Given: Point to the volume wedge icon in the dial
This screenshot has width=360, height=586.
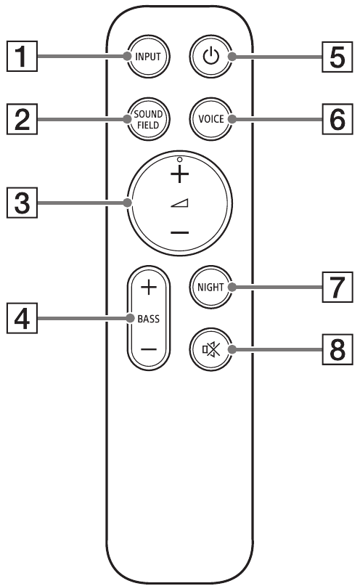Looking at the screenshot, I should pyautogui.click(x=179, y=205).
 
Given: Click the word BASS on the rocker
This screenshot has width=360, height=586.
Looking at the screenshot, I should pyautogui.click(x=148, y=317).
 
